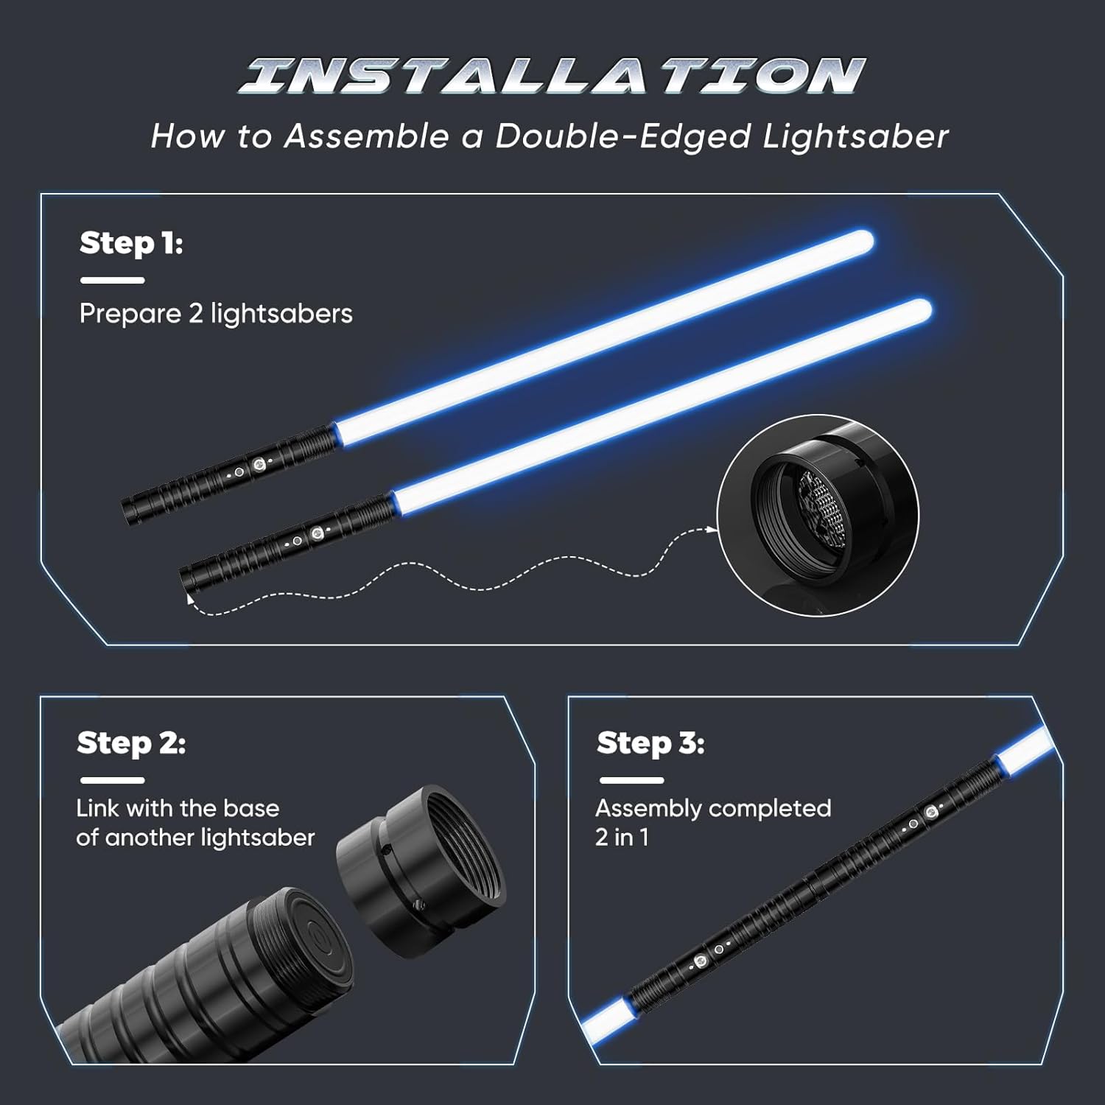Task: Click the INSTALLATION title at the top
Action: click(552, 76)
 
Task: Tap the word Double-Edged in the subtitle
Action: click(623, 136)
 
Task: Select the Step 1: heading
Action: click(131, 242)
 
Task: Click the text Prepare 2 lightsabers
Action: click(216, 314)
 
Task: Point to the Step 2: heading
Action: click(131, 743)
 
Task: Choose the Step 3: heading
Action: click(650, 743)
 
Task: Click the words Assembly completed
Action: click(713, 808)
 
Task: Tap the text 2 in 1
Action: click(622, 838)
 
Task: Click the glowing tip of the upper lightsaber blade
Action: click(860, 242)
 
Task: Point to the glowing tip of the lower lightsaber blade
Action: click(919, 310)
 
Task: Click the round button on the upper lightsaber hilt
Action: click(259, 464)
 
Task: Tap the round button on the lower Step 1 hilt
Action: click(318, 533)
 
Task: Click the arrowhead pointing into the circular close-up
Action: click(712, 529)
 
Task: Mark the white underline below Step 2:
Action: click(113, 780)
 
